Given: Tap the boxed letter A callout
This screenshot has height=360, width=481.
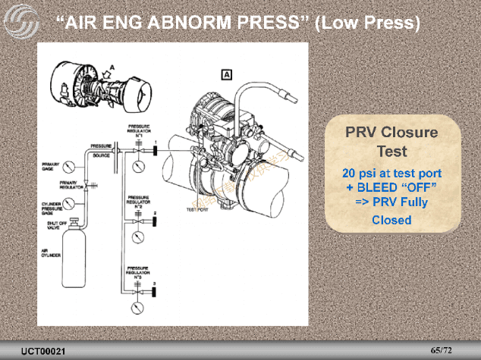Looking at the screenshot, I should [227, 74].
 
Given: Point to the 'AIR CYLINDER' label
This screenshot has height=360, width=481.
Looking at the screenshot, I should [51, 254].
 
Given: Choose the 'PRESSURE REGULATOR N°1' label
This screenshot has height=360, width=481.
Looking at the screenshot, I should [138, 130].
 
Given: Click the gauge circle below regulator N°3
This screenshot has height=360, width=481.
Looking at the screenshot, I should [138, 307].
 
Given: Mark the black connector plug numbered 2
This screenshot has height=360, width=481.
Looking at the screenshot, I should [153, 221].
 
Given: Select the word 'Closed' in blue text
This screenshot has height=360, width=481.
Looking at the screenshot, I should [391, 221].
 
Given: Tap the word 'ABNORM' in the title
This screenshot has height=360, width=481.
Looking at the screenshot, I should [206, 23].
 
